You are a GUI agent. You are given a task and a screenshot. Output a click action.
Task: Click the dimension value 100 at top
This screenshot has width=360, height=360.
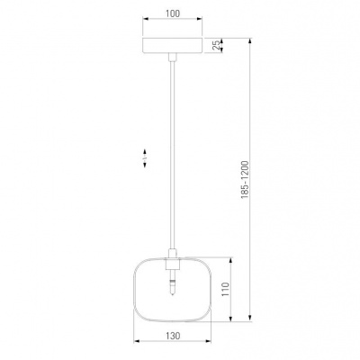coord(173,13)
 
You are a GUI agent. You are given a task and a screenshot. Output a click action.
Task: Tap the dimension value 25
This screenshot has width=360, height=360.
coord(216,46)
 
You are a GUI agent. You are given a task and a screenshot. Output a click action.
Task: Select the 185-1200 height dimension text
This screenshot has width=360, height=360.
coord(245,180)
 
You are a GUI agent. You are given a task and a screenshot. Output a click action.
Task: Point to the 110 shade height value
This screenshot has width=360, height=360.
coord(226,289)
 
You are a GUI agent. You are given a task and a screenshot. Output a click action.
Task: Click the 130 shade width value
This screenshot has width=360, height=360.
coord(173,336)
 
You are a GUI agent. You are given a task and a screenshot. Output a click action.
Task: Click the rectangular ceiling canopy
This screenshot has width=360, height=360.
coord(173,46)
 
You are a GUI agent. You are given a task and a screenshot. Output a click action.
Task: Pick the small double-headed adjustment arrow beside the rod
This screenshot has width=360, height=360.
coord(145,158)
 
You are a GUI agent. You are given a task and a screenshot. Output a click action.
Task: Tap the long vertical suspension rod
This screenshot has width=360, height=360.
coord(172,155)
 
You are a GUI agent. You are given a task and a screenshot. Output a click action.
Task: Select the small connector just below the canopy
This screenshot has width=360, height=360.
coord(173,57)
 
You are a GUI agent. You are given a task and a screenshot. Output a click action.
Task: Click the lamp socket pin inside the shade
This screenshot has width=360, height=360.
coord(172,283)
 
